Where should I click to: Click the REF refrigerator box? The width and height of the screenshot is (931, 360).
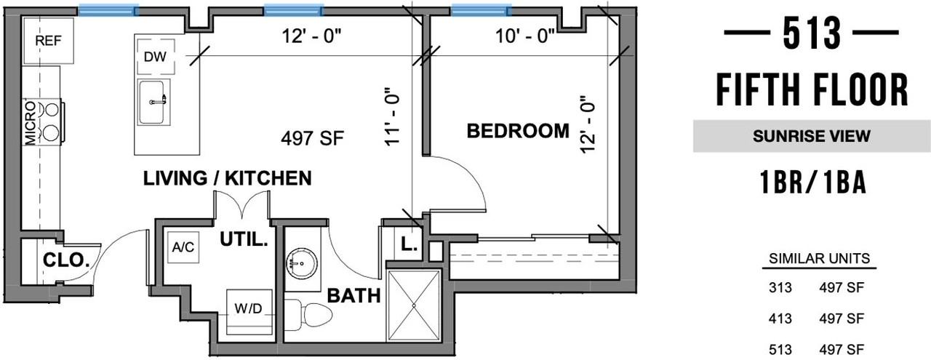click(47, 41)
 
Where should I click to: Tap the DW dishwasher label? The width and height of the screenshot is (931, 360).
click(155, 57)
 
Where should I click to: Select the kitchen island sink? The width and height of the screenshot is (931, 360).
click(154, 103)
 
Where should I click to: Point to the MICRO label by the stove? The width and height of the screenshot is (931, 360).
click(31, 123)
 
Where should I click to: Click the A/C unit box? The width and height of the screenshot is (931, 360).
click(183, 247)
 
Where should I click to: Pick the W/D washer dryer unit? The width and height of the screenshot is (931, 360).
click(249, 312)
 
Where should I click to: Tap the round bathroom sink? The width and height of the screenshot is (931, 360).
click(302, 263)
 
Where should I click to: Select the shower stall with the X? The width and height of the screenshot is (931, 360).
click(414, 306)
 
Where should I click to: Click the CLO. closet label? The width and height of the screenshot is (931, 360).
click(66, 260)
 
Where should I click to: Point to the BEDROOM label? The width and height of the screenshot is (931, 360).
click(518, 131)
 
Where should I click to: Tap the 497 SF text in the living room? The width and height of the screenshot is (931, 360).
click(313, 138)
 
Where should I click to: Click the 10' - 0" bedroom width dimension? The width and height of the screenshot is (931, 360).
click(524, 36)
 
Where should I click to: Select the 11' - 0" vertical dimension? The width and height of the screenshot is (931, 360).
click(392, 117)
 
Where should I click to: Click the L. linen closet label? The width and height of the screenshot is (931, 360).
click(409, 244)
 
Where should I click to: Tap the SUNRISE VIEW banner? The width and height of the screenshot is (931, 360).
click(811, 136)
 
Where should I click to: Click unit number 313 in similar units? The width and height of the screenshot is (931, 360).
click(780, 288)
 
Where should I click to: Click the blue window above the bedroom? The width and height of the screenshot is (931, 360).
click(482, 10)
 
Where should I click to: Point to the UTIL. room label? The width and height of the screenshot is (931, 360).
click(244, 240)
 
